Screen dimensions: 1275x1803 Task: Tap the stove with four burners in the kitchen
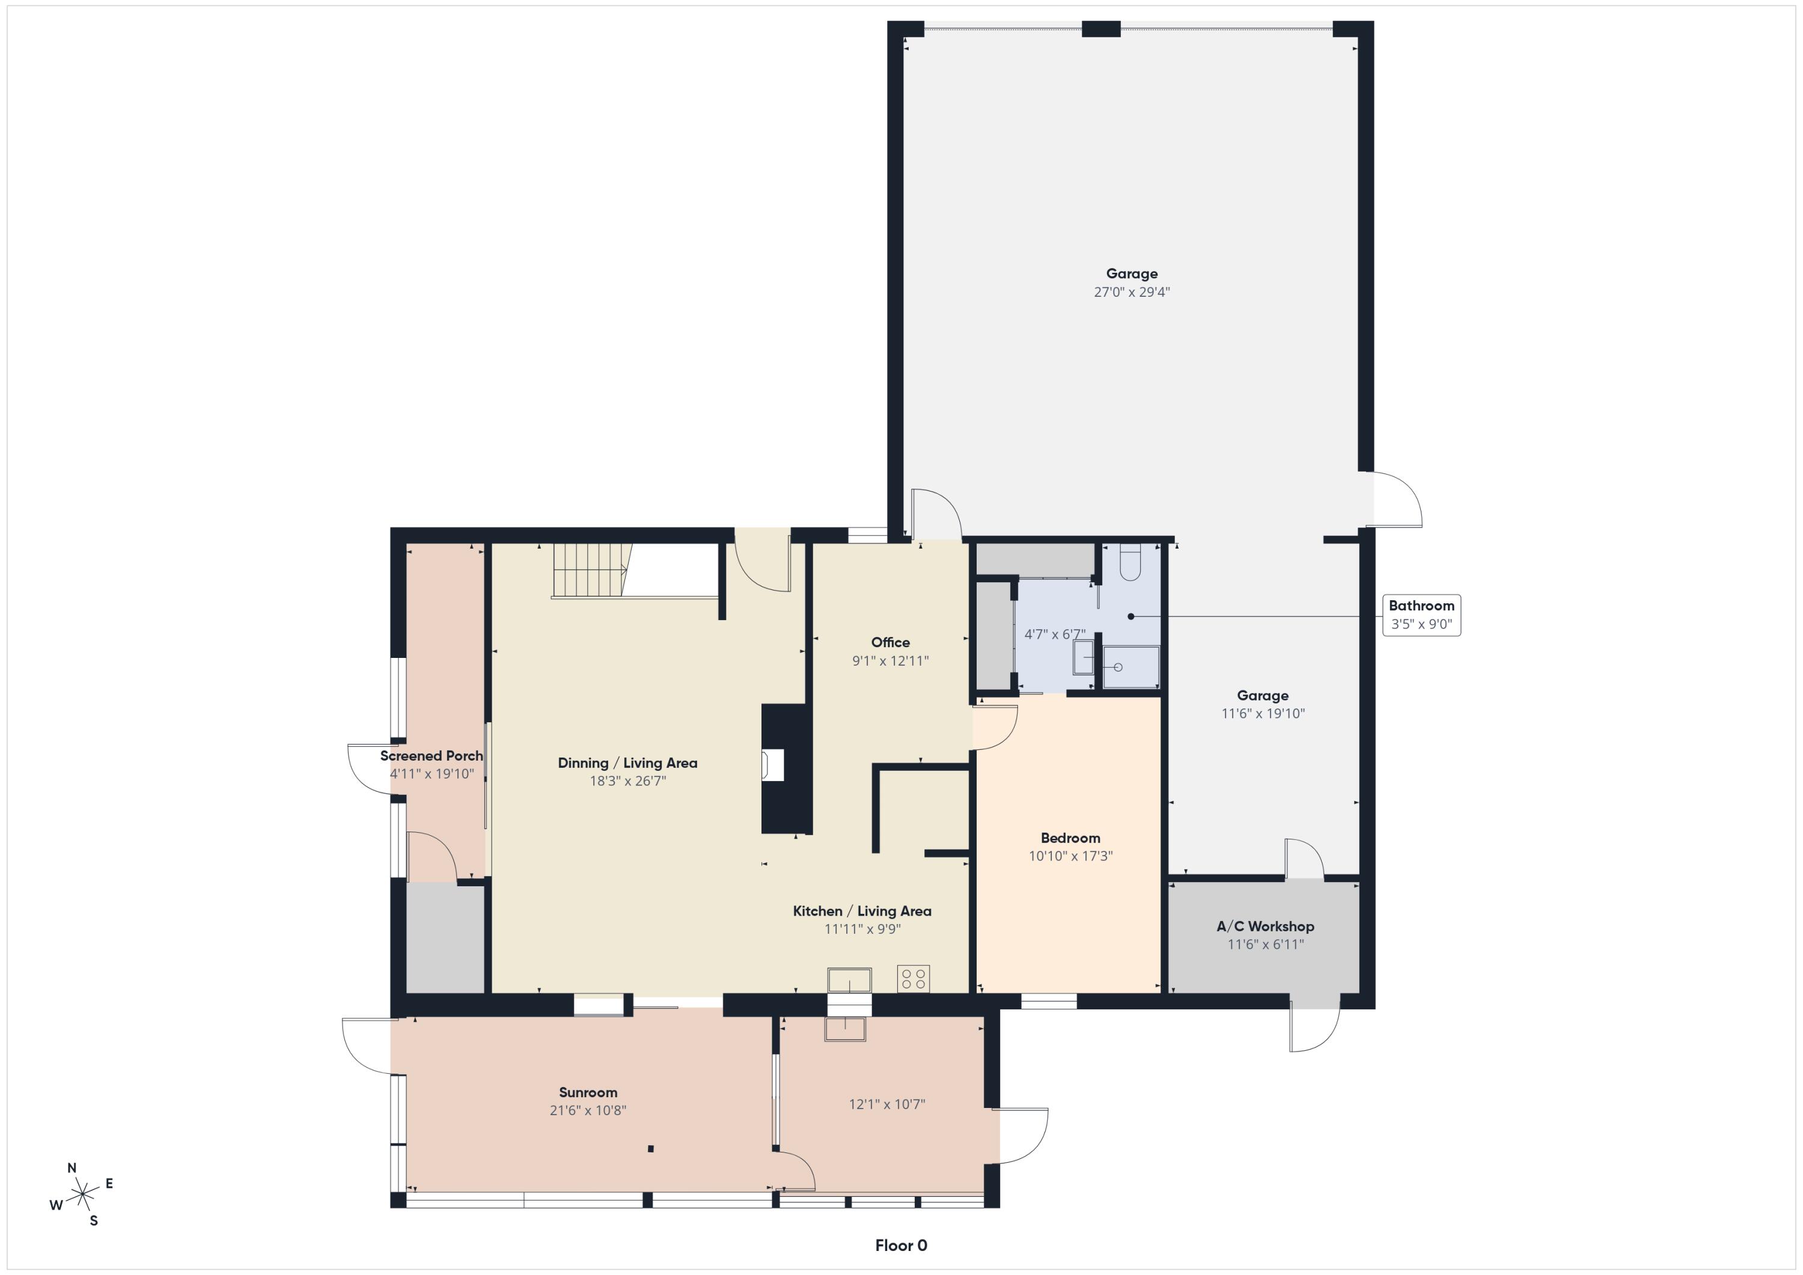pos(914,979)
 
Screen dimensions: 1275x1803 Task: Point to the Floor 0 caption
pos(901,1245)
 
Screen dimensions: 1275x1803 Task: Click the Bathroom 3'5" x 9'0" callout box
pos(1421,615)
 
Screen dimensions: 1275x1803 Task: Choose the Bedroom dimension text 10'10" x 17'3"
pos(1070,856)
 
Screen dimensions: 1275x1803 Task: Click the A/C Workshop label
pos(1265,927)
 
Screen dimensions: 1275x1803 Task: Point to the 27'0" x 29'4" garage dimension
pos(1132,292)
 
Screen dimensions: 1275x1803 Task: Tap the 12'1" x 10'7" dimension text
pos(886,1104)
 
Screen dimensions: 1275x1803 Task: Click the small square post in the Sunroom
pos(650,1149)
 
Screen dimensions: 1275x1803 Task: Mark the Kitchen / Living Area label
pos(861,911)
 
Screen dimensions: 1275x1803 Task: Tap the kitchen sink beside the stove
pos(849,980)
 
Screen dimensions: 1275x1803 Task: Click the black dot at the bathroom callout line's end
pos(1131,616)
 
